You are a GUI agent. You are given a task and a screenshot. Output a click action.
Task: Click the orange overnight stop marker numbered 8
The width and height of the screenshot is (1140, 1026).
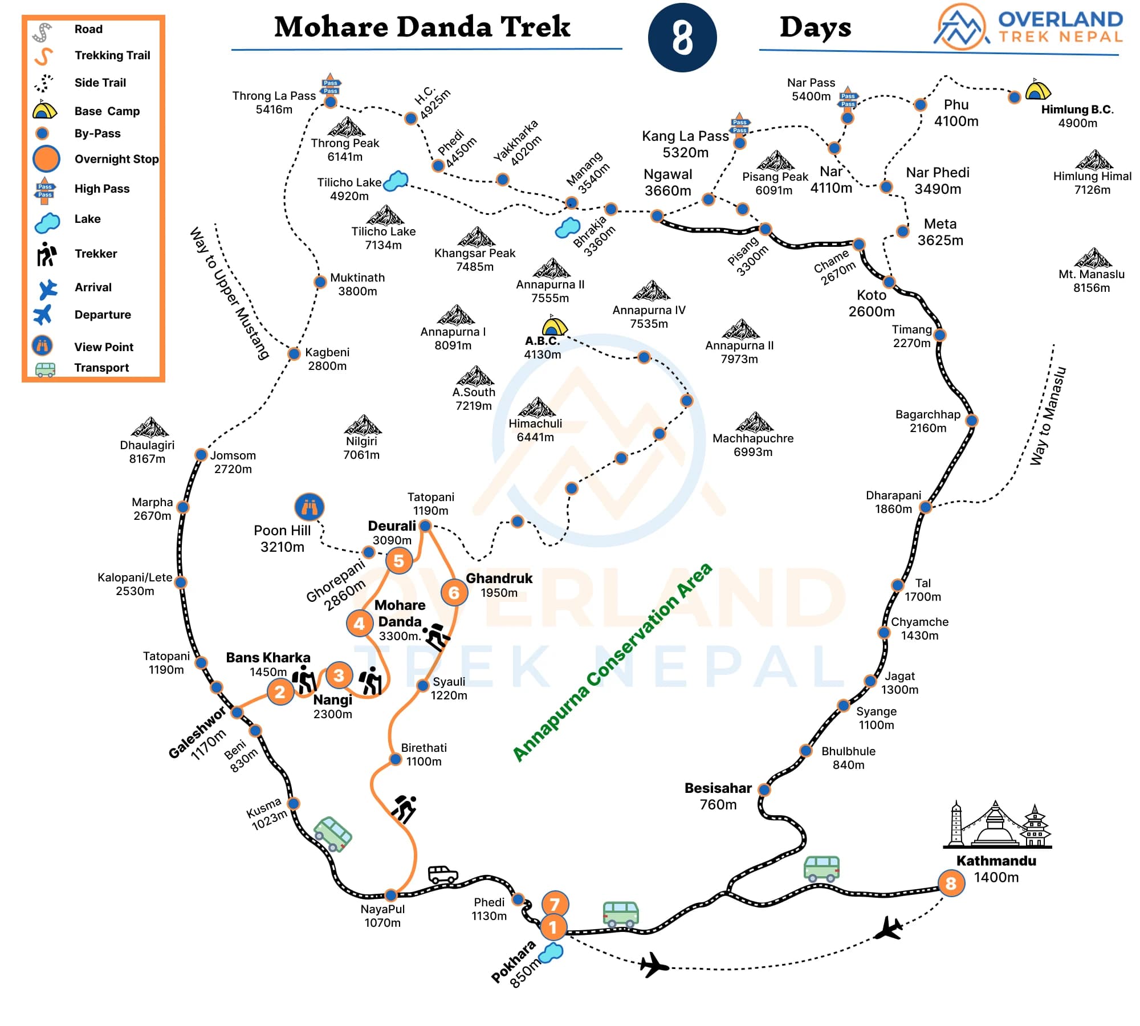pos(951,883)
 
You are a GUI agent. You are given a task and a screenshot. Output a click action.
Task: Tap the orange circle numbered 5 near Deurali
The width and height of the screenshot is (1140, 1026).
pos(398,561)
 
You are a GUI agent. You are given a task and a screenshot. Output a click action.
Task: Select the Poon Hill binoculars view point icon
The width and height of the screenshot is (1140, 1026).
pos(310,507)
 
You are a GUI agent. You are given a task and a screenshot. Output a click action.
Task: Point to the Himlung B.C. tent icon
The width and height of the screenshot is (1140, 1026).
pos(1037,89)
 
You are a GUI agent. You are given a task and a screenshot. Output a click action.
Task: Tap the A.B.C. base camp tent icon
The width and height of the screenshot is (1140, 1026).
pos(554,326)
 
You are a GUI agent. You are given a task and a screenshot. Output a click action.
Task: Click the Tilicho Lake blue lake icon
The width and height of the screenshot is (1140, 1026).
pos(396,181)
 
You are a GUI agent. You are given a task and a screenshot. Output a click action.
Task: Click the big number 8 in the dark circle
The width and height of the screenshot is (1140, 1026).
pos(682,38)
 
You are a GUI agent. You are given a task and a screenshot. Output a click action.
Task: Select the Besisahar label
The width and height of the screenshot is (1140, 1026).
pos(718,788)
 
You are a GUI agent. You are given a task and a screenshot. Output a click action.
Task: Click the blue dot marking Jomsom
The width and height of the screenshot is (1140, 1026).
pos(201,454)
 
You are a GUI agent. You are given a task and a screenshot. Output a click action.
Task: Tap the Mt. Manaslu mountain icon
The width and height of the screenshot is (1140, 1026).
pos(1093,258)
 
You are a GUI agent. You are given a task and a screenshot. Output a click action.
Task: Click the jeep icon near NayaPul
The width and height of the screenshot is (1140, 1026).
pos(443,874)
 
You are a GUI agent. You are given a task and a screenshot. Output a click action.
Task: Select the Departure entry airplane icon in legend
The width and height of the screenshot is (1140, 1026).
pos(43,315)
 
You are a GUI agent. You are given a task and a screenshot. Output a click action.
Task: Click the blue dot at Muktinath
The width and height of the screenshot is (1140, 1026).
pos(320,282)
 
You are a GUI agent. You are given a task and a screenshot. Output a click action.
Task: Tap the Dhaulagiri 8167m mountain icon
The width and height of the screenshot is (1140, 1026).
pos(149,427)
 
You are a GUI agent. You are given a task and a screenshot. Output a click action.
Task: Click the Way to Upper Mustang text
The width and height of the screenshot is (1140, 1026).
pos(229,293)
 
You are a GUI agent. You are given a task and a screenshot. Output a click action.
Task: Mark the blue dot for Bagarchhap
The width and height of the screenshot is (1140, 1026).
pos(971,421)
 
